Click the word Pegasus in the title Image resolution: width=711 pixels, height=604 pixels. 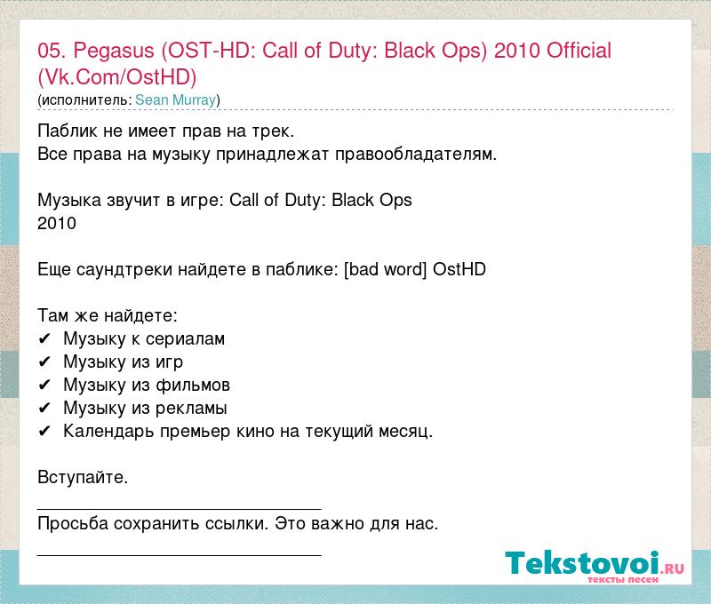pos(114,52)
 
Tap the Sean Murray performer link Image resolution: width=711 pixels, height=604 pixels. pos(175,99)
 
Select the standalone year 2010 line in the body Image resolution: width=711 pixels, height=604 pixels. pos(57,223)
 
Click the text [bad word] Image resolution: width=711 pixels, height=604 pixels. pos(386,270)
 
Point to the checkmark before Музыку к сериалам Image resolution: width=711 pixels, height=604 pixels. pos(44,339)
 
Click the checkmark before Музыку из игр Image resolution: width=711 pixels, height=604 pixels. pos(44,362)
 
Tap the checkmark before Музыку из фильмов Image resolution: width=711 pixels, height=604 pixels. pos(44,385)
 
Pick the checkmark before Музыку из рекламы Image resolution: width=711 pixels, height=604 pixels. pos(44,409)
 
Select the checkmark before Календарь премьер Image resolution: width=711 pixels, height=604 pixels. pos(44,432)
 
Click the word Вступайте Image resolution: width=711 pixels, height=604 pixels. pos(83,478)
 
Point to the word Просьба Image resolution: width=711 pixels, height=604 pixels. pos(73,524)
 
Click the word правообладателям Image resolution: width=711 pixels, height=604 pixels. pos(416,155)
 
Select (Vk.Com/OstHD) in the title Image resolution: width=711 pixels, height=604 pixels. pos(117,77)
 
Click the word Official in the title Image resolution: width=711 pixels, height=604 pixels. pos(579,51)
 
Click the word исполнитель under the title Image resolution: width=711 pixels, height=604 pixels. pos(86,100)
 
